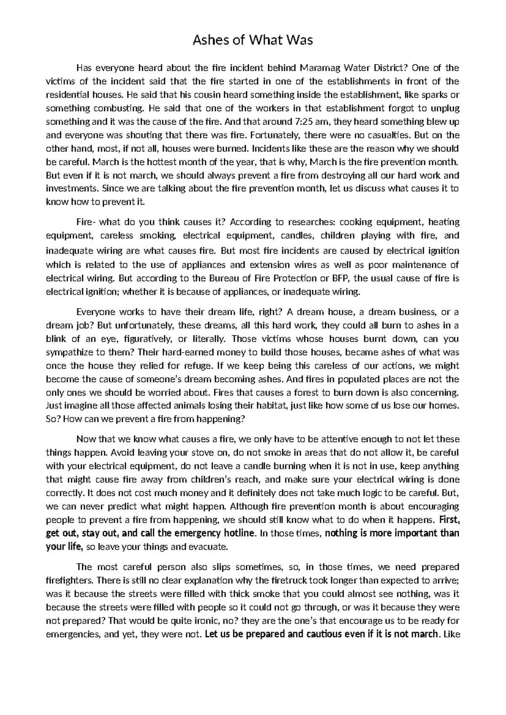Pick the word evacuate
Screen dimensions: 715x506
tap(209, 547)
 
